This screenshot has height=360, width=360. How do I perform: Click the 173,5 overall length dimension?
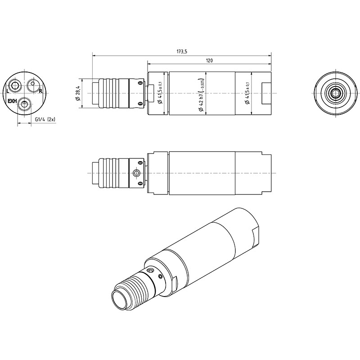point(182,51)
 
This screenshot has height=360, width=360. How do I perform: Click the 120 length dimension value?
point(209,61)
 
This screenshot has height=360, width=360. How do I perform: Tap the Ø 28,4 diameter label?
point(77,93)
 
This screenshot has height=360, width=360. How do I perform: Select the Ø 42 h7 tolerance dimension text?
point(201,95)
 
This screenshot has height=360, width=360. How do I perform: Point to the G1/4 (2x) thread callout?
point(45,119)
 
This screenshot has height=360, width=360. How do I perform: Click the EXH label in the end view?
point(12,101)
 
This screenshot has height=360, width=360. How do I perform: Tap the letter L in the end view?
point(8,91)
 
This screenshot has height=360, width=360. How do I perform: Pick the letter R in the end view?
point(40,91)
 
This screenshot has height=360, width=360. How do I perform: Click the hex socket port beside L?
point(15,85)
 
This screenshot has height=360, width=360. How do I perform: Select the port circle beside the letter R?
point(33,85)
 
